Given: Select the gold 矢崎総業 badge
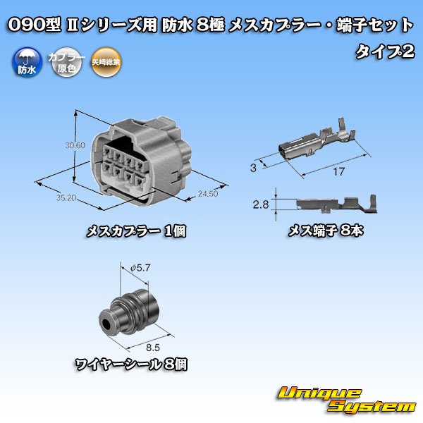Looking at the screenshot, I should click(x=106, y=63).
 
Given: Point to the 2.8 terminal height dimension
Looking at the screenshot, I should click(x=261, y=205).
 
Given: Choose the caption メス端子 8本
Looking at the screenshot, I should click(x=325, y=231).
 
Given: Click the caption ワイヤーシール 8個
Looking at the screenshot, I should click(x=132, y=364).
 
